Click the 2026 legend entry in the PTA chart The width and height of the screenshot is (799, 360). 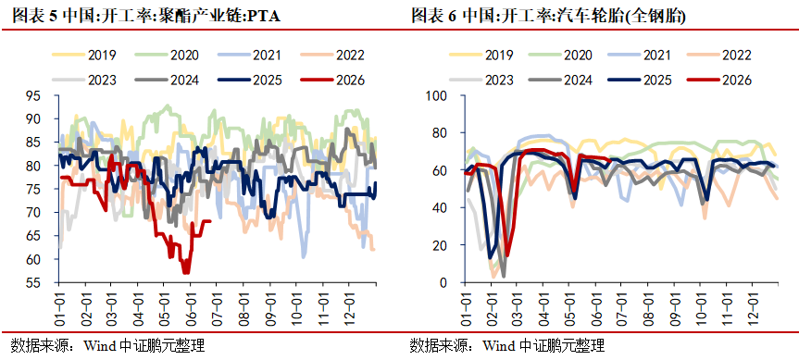332,80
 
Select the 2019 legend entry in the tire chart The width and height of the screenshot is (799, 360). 481,55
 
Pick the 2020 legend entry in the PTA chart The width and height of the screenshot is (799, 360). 168,55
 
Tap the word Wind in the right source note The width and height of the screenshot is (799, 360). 500,347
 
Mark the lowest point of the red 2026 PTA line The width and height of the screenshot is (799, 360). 186,272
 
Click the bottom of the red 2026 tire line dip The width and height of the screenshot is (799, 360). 507,254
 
